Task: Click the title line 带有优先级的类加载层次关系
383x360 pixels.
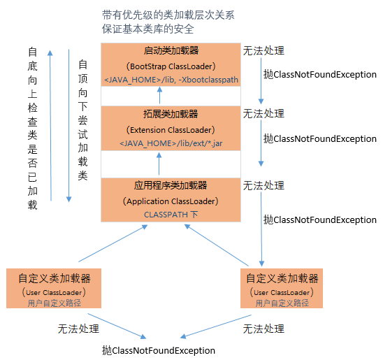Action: click(168, 15)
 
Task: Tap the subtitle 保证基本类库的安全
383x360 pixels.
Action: click(147, 29)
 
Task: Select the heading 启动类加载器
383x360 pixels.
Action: click(170, 51)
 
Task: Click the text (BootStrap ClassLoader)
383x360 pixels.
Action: click(170, 66)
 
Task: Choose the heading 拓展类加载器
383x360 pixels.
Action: click(170, 113)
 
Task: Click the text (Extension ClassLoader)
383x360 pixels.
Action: click(170, 129)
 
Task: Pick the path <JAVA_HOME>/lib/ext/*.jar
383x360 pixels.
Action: click(170, 143)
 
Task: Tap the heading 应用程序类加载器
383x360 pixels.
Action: click(170, 185)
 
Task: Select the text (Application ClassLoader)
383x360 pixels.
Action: click(170, 201)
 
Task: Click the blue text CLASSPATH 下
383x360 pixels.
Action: click(170, 215)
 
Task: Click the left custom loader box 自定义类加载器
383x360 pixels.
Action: click(54, 287)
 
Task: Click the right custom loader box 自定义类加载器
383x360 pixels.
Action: click(282, 287)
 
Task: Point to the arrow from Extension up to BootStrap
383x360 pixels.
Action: click(159, 95)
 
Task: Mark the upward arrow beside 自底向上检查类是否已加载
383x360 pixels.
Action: click(50, 126)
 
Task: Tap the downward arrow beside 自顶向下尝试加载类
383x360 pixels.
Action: click(68, 126)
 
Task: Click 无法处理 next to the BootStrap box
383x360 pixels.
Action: click(263, 51)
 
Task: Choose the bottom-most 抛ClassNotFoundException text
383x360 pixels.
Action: click(158, 350)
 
